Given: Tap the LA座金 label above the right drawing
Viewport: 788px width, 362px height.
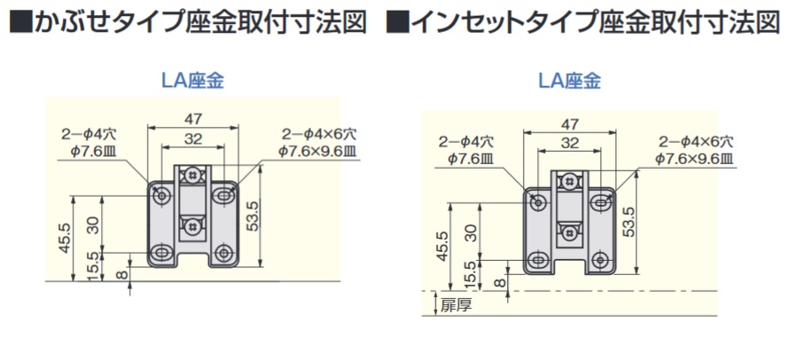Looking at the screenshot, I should (570, 83).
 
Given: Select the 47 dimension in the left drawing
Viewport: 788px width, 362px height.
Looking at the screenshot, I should (193, 118).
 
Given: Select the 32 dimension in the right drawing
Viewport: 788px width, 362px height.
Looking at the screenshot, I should (570, 143).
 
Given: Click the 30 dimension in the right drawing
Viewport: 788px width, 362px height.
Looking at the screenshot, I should (472, 232).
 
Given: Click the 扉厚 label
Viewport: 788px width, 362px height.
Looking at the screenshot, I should (456, 307).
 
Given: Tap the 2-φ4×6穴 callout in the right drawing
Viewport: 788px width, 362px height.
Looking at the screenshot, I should (697, 141).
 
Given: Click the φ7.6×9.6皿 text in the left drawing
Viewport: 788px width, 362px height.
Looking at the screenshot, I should (316, 150).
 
